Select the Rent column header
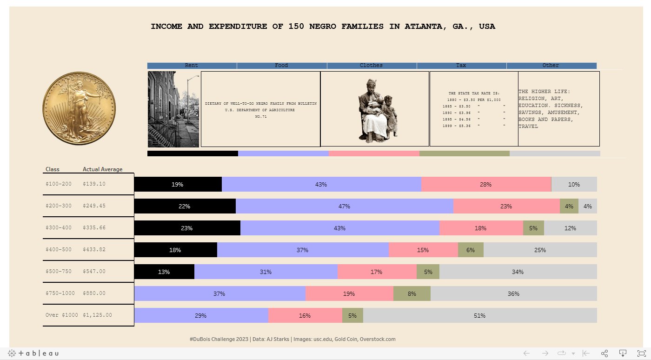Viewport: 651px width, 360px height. (x=192, y=66)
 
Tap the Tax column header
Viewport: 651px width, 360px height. (x=461, y=66)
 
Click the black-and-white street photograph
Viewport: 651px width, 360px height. (x=173, y=109)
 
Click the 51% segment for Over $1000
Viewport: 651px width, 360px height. (x=479, y=315)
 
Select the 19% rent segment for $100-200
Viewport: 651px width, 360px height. (x=178, y=184)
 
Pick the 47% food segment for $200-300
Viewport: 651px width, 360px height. (x=344, y=206)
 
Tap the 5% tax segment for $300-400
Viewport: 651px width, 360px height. (x=533, y=228)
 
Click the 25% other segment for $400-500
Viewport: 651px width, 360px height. (x=540, y=250)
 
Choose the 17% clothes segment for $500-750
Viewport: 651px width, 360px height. (x=377, y=272)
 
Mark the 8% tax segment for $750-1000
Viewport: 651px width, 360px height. (x=412, y=293)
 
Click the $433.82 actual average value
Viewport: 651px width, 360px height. (x=94, y=249)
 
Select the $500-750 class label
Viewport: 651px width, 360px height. (x=59, y=271)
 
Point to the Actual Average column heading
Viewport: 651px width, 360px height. (x=102, y=169)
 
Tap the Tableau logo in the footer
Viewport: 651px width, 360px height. (x=33, y=353)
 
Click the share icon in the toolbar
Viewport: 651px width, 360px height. (x=604, y=353)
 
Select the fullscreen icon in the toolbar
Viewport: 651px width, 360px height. (x=641, y=353)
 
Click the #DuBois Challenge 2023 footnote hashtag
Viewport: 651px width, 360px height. (x=219, y=339)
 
